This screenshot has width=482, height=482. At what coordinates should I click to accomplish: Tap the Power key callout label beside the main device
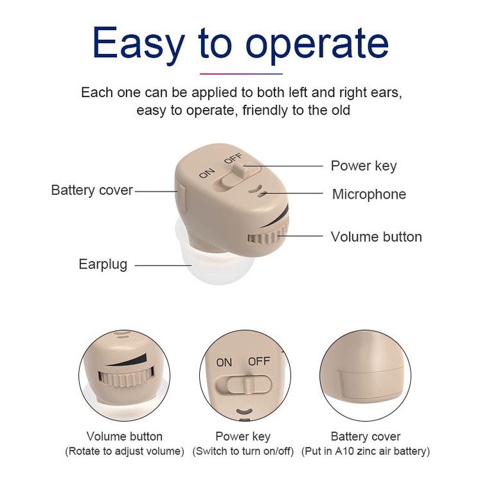click(x=364, y=166)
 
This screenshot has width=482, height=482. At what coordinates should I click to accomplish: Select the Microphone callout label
click(x=369, y=194)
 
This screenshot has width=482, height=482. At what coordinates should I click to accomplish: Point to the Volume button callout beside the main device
click(x=376, y=237)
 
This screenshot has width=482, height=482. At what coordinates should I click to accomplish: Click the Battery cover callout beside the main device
click(x=92, y=190)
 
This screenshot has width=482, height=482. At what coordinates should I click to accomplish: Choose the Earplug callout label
click(x=103, y=264)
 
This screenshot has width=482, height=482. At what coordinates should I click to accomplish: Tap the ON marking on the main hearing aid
click(x=207, y=174)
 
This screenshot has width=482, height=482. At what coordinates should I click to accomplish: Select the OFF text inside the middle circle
click(x=259, y=361)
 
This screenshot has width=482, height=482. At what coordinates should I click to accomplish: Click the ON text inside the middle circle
click(x=224, y=362)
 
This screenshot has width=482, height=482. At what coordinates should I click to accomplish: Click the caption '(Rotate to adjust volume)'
click(x=125, y=451)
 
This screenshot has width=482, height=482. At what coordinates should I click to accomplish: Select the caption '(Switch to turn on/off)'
click(x=243, y=451)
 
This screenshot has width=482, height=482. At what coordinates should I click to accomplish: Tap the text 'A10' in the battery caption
click(x=343, y=451)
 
